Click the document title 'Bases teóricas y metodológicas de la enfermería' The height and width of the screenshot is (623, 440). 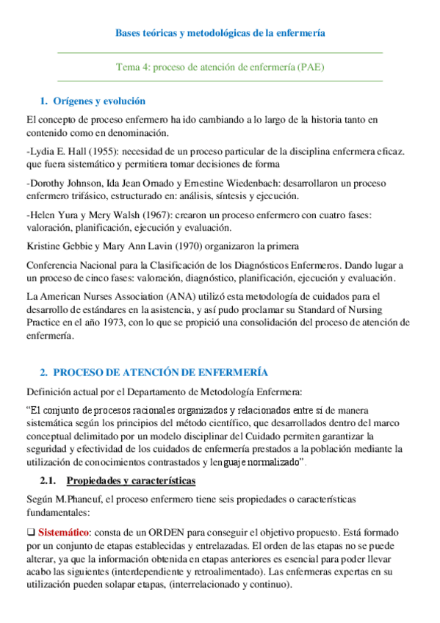click(220, 33)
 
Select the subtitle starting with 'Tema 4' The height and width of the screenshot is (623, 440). click(220, 66)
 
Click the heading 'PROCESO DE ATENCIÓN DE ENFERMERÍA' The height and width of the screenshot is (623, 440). click(161, 372)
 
